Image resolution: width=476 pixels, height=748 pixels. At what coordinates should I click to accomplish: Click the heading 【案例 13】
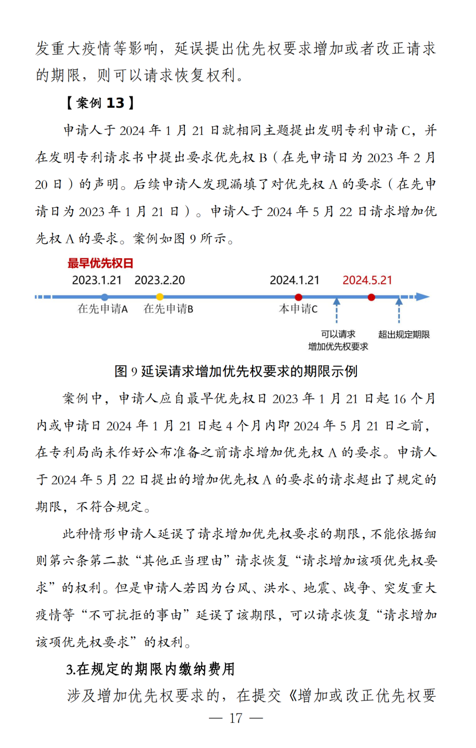click(x=100, y=103)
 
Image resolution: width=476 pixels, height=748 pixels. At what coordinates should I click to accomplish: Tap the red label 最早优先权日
click(x=100, y=263)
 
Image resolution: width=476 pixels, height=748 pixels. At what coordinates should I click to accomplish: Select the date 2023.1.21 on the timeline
click(x=97, y=280)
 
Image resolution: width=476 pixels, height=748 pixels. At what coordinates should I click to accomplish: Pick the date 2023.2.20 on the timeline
click(x=160, y=280)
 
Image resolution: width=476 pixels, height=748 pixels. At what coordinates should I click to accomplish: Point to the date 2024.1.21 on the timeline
click(x=294, y=280)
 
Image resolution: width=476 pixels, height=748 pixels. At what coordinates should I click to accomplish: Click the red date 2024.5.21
click(x=368, y=280)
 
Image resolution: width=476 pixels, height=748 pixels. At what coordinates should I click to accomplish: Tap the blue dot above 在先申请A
click(x=105, y=297)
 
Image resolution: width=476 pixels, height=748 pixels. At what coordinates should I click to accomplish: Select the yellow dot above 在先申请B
click(x=160, y=297)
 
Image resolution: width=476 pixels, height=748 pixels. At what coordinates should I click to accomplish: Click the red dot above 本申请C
click(x=299, y=297)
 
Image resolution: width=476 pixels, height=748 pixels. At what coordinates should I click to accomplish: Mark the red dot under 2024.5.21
click(x=371, y=297)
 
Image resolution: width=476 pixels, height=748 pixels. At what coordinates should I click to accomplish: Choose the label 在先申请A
click(x=103, y=309)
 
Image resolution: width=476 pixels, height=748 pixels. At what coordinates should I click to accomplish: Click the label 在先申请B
click(x=168, y=309)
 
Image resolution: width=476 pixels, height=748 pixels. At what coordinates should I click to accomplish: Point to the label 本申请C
click(x=298, y=309)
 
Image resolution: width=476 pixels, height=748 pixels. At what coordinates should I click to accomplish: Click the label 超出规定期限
click(x=404, y=335)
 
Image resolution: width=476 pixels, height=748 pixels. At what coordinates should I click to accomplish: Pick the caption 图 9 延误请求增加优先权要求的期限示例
click(x=236, y=371)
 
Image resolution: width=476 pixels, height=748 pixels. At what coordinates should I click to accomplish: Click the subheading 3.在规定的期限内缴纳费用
click(x=151, y=670)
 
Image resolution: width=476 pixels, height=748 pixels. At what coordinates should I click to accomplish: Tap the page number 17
click(x=236, y=718)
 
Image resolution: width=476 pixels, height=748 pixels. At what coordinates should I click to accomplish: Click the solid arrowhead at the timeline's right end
click(x=423, y=297)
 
